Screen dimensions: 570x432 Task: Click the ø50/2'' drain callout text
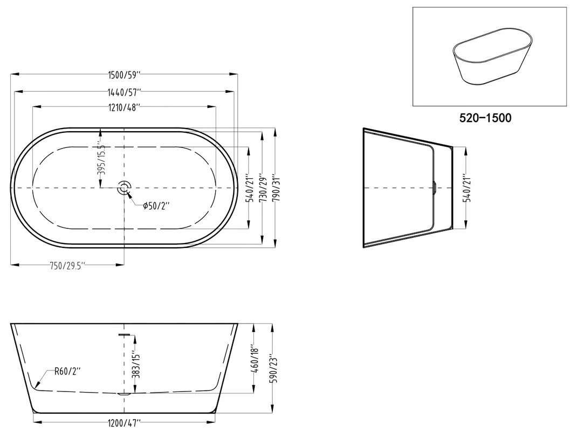coord(157,206)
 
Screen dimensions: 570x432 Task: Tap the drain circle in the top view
coord(124,188)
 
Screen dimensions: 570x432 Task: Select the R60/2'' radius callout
coord(67,371)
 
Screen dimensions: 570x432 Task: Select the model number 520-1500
coord(485,118)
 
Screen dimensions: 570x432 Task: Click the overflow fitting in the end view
coord(435,188)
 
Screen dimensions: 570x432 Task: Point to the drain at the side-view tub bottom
coord(124,394)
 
